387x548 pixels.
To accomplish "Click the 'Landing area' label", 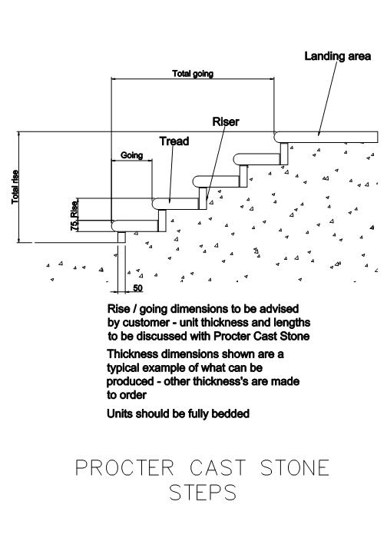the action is pos(337,56).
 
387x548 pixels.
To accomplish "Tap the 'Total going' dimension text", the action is pos(193,74).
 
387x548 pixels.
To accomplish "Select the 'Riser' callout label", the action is pos(226,121).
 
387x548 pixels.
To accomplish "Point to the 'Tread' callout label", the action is pos(174,141).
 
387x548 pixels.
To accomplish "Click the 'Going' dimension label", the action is pos(131,155).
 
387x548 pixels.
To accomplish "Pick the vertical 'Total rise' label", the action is pos(15,187).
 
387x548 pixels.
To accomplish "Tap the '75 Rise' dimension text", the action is pos(74,215).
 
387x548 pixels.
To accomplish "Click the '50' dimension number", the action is pos(138,288).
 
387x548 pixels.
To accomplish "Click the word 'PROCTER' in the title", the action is pos(124,467).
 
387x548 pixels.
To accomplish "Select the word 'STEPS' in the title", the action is pos(203,492).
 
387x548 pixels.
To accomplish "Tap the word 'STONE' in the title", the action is pos(295,467).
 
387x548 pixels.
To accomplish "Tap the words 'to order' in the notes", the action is pos(127,395).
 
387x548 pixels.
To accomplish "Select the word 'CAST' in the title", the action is pos(218,467).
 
